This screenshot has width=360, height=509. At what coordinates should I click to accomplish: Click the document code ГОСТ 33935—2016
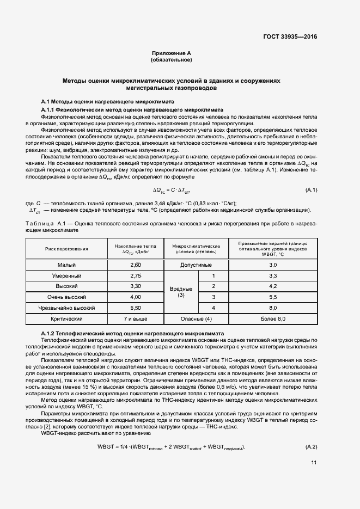[290, 37]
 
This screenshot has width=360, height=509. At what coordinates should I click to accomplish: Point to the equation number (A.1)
[310, 189]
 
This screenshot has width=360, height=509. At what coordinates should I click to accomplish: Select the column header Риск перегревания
[66, 249]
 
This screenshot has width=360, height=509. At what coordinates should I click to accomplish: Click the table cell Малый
[66, 265]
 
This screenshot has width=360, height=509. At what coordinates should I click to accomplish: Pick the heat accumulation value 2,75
[136, 275]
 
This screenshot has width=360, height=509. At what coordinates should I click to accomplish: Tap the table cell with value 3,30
[136, 286]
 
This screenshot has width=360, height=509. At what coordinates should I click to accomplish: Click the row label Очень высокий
[66, 297]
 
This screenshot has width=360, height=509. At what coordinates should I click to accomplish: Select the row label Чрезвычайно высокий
[66, 308]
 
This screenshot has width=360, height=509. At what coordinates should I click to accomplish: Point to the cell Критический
[66, 318]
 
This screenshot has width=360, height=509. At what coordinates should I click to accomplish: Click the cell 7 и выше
[136, 318]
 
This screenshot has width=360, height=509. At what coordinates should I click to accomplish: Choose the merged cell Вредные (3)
[181, 292]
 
